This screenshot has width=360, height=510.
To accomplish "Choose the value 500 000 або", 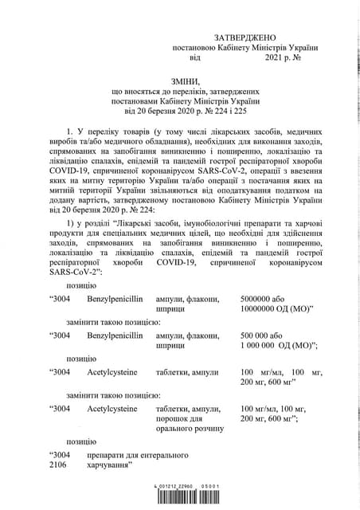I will click(260, 335).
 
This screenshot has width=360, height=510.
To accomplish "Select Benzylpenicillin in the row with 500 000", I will click(115, 335).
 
